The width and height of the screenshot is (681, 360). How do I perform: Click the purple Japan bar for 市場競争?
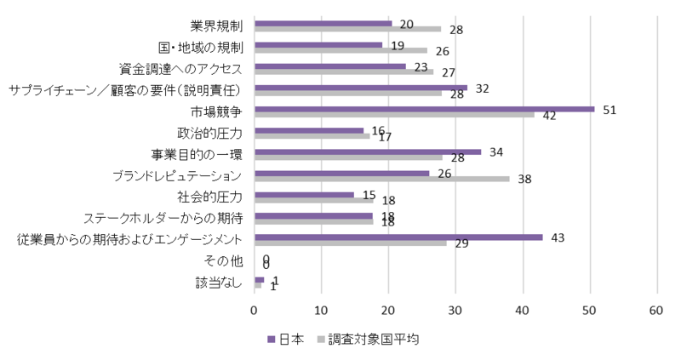tap(424, 108)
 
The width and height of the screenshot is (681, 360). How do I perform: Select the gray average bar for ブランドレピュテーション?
tap(381, 179)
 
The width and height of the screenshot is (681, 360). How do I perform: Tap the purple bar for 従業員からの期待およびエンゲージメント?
tap(398, 237)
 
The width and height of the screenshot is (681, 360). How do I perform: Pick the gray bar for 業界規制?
tap(348, 29)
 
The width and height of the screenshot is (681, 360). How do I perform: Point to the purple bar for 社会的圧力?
tap(304, 194)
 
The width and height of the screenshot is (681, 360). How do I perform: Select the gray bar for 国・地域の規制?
tap(340, 50)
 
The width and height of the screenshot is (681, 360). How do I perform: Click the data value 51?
tap(609, 110)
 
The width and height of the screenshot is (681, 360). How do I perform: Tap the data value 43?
tap(558, 237)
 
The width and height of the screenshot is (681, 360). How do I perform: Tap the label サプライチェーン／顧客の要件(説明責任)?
tap(126, 90)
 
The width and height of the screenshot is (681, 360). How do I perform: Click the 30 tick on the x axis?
tap(455, 311)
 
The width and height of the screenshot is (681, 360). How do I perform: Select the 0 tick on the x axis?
tap(255, 311)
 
